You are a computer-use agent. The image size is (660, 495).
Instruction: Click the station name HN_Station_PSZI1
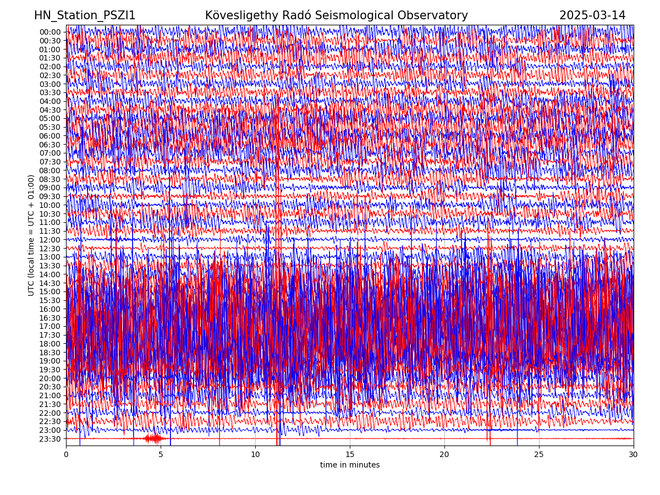(85, 16)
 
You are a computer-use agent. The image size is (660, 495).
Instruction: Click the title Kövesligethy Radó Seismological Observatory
(336, 16)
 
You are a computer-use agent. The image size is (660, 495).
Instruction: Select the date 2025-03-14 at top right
(592, 16)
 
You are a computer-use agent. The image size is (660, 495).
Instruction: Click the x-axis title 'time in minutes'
(350, 465)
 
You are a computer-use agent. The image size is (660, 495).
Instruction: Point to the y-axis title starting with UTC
(31, 235)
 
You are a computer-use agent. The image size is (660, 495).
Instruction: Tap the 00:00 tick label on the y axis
(50, 32)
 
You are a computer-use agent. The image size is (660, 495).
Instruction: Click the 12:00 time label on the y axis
(50, 240)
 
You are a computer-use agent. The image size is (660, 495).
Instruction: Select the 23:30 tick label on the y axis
(50, 439)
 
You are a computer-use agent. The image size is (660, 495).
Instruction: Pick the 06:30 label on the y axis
(50, 145)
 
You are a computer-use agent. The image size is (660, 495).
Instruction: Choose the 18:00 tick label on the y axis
(50, 344)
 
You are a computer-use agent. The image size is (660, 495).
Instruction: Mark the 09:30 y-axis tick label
(50, 196)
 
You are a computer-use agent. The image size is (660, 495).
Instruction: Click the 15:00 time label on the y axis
(50, 291)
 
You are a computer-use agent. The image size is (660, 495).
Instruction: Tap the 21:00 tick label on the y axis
(50, 395)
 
